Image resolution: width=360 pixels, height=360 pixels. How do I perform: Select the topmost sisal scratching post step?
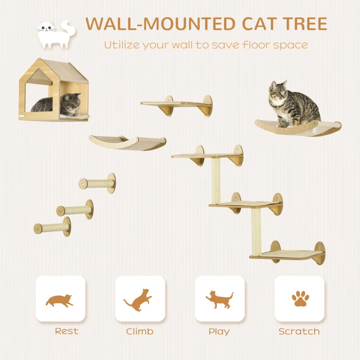click(97, 183)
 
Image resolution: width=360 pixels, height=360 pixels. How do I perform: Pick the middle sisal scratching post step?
click(75, 210)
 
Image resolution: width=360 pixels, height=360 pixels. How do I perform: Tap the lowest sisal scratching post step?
click(52, 227)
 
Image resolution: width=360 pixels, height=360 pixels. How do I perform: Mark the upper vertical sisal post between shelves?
click(216, 180)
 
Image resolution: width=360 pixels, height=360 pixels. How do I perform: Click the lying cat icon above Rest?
click(60, 300)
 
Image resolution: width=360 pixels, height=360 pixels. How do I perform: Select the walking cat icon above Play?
click(220, 299)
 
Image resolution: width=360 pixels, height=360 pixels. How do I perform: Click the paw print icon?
click(299, 298)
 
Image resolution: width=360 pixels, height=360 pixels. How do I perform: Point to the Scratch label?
click(299, 332)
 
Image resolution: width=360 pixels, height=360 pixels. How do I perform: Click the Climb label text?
click(139, 332)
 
